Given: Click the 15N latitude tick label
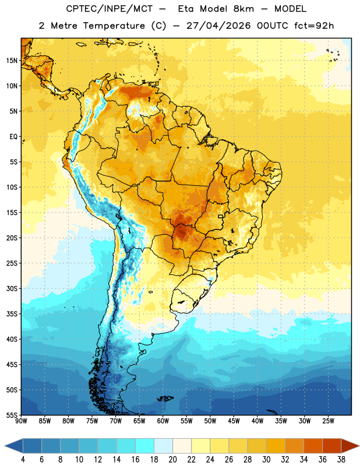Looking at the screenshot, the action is click(12, 61).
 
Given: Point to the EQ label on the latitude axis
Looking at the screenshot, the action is click(13, 137).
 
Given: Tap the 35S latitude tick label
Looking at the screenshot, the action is click(12, 314).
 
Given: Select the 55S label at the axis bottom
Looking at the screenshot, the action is click(12, 415).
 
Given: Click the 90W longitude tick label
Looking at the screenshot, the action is click(22, 421).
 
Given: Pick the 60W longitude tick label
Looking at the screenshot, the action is click(163, 421).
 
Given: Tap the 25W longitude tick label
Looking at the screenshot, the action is click(328, 421).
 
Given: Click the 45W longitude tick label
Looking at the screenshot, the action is click(234, 421).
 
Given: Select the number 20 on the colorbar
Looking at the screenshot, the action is click(172, 460).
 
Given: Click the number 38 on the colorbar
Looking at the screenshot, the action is click(341, 460).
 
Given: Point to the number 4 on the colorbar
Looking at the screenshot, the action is click(23, 460).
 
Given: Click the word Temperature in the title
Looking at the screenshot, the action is click(114, 26).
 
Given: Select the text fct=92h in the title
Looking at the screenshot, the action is click(314, 26).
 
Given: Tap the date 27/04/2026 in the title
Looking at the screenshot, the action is click(219, 26).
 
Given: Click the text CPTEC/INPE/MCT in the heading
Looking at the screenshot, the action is click(110, 9).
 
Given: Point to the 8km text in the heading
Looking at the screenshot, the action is click(243, 9).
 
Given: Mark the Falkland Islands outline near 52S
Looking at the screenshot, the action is click(165, 398).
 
